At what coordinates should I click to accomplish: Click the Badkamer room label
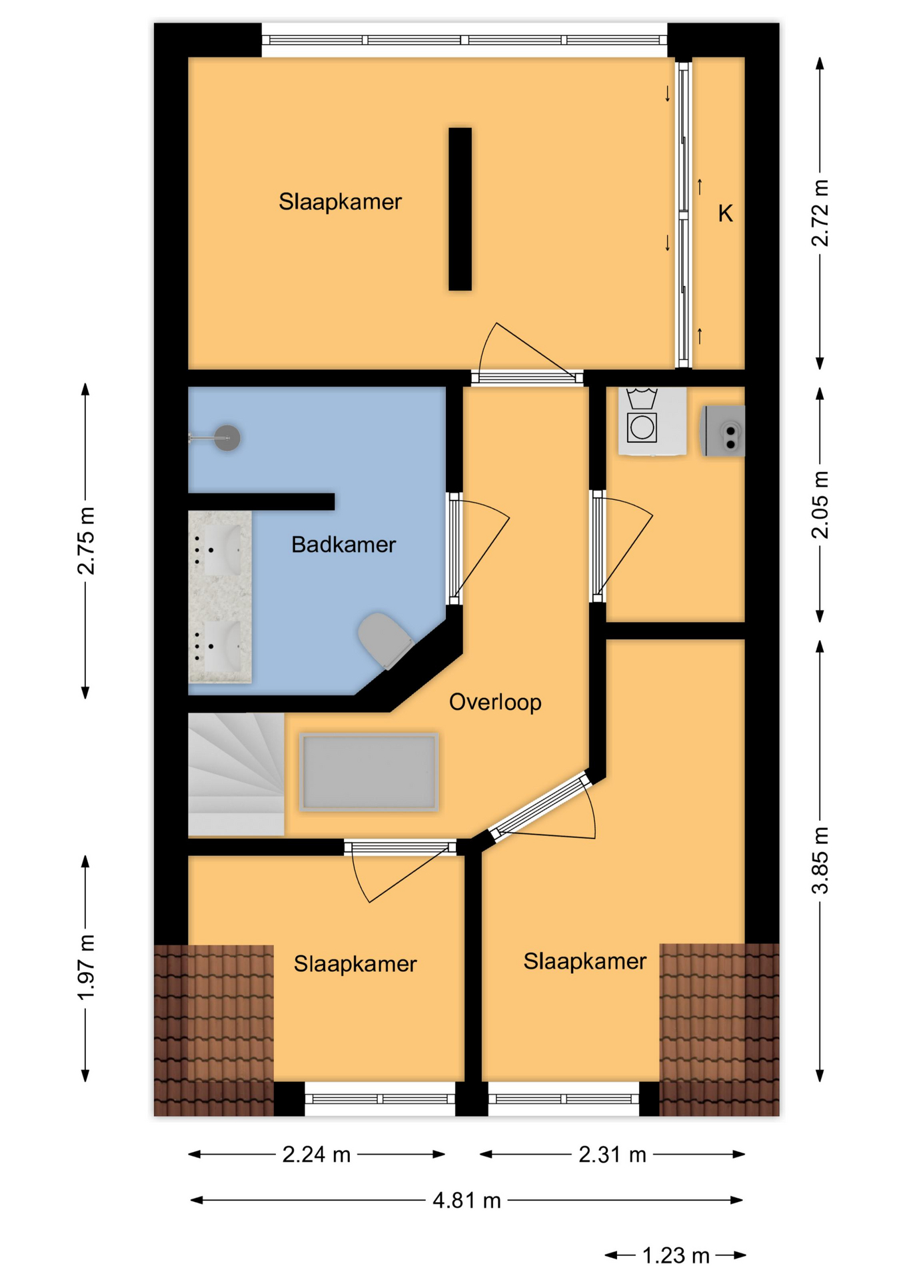(343, 545)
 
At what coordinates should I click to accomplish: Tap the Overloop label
(495, 702)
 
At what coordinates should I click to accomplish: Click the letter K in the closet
(725, 213)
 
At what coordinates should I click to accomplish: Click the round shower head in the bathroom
(227, 438)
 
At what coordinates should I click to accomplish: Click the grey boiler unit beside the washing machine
(722, 431)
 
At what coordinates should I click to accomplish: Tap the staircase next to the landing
(236, 774)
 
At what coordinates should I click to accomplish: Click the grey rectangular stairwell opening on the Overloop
(369, 772)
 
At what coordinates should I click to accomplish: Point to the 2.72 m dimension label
(820, 213)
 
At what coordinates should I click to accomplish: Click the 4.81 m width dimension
(466, 1201)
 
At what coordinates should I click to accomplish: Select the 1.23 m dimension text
(676, 1256)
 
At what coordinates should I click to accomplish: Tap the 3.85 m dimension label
(820, 860)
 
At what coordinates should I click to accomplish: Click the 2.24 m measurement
(317, 1155)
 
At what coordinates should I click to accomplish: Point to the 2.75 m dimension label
(85, 541)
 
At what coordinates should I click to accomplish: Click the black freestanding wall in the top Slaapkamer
(460, 209)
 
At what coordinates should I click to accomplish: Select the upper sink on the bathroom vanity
(220, 549)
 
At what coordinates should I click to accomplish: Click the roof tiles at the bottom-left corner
(214, 1030)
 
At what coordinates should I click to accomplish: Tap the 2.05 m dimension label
(820, 505)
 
